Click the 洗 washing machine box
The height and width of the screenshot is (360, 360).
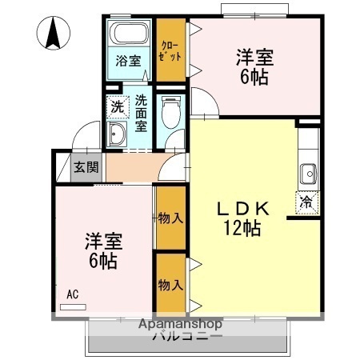(118, 106)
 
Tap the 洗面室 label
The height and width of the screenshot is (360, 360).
(141, 114)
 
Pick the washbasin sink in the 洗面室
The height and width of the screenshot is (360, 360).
(118, 134)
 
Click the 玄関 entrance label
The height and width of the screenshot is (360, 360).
(87, 167)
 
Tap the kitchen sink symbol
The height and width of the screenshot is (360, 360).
(308, 172)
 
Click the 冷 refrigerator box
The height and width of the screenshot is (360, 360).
(307, 202)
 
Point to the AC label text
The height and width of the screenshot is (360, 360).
(72, 294)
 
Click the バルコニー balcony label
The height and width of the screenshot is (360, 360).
(187, 338)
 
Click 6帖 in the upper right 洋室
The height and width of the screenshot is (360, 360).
(254, 77)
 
